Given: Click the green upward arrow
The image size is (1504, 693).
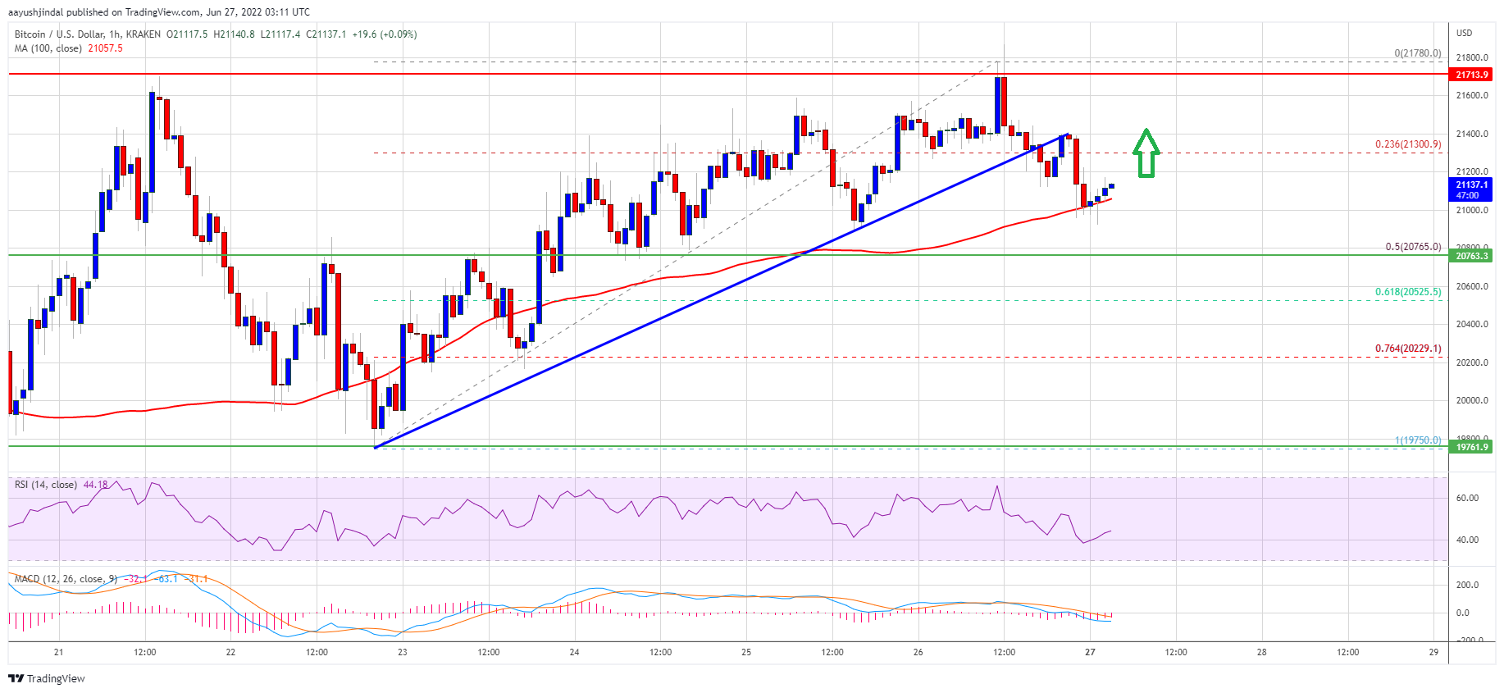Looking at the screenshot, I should coord(1146,153).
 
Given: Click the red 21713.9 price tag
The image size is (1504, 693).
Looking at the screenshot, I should coord(1471,75).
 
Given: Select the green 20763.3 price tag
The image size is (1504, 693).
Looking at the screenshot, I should coord(1471,256).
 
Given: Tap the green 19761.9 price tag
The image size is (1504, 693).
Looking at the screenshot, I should coord(1471,447).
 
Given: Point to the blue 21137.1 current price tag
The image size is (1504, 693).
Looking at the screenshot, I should coord(1471,189).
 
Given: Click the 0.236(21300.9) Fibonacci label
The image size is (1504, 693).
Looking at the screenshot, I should coord(1407,144).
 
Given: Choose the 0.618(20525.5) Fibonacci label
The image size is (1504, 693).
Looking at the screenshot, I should coord(1407,292).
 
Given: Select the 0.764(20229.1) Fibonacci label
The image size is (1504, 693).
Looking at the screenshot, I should coord(1407,349).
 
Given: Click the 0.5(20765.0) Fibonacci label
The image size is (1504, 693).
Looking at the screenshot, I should coord(1412,247).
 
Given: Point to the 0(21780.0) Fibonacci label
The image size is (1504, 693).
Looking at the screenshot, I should coord(1417,53).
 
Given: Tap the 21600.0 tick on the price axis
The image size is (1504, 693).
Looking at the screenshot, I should coord(1471,96).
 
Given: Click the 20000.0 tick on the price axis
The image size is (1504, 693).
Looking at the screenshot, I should coord(1471,401).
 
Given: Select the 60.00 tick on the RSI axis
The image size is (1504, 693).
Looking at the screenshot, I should coord(1467,498).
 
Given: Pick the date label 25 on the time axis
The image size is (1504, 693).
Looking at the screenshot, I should coord(746,653).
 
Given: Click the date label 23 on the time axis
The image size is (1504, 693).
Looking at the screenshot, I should coord(403,653).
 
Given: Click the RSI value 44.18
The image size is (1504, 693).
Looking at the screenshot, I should coord(95,485).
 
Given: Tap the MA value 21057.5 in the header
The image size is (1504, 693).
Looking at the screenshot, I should coord(105,48).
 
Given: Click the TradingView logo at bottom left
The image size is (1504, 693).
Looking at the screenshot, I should coord(47,678).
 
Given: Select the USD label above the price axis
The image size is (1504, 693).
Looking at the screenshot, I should coord(1464,33).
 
